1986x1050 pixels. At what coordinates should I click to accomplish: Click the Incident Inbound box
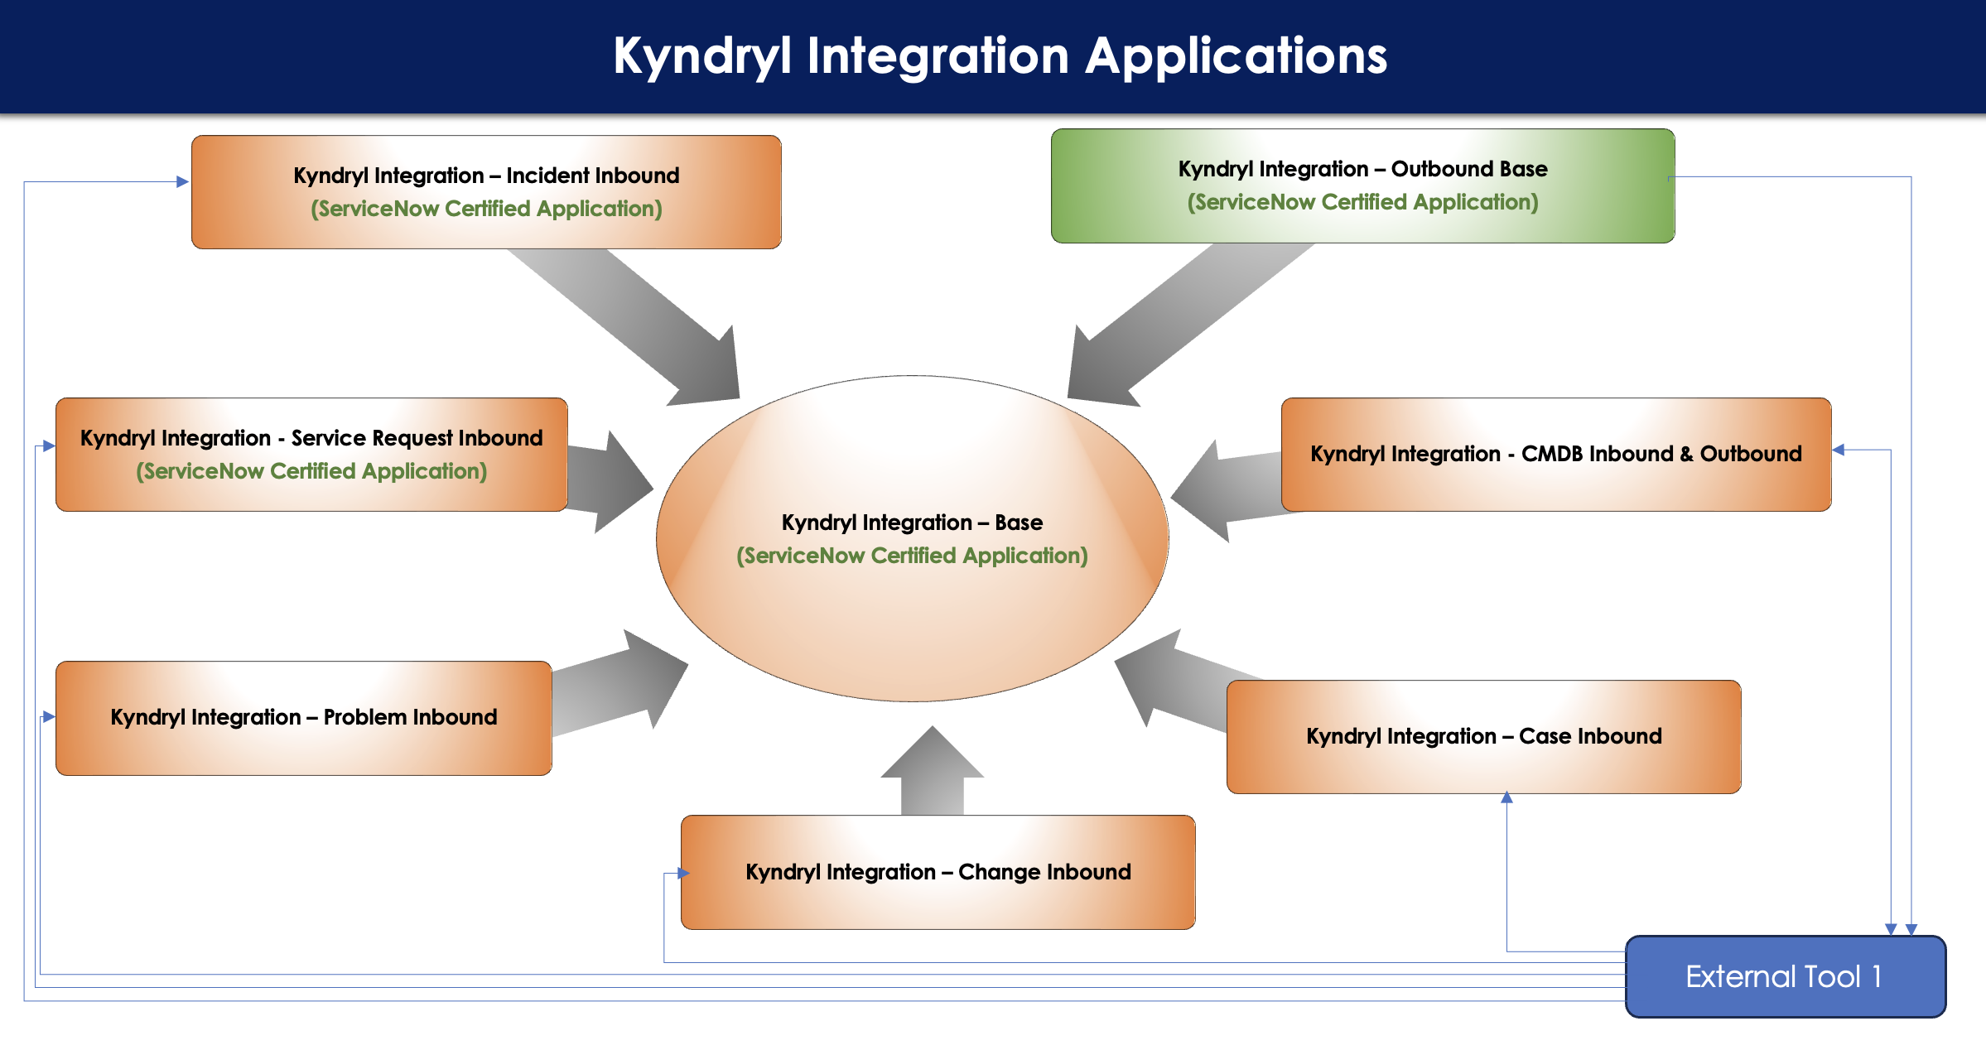point(486,192)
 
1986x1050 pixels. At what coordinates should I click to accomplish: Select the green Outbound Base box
point(1362,185)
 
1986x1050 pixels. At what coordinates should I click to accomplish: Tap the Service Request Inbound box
point(311,455)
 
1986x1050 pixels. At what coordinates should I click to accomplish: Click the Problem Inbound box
point(303,718)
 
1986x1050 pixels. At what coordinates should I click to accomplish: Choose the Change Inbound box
point(938,872)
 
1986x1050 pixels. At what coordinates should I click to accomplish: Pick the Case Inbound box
point(1483,737)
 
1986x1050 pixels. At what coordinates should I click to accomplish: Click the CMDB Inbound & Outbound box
point(1556,455)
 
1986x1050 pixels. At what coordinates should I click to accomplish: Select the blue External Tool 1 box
point(1786,976)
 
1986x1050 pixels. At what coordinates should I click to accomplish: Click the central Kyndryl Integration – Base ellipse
point(912,539)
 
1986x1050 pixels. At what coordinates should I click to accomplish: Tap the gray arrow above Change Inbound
point(933,771)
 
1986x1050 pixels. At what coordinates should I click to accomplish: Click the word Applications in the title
point(1236,56)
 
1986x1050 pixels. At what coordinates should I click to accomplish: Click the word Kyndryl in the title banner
point(702,56)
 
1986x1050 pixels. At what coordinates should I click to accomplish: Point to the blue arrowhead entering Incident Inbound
point(183,181)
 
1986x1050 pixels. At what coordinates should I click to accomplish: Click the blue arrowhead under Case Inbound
point(1507,797)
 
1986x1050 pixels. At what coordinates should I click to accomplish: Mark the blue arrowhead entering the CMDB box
point(1839,450)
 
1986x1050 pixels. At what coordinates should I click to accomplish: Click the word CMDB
point(1555,454)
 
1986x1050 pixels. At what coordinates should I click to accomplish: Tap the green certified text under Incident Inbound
point(486,209)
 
